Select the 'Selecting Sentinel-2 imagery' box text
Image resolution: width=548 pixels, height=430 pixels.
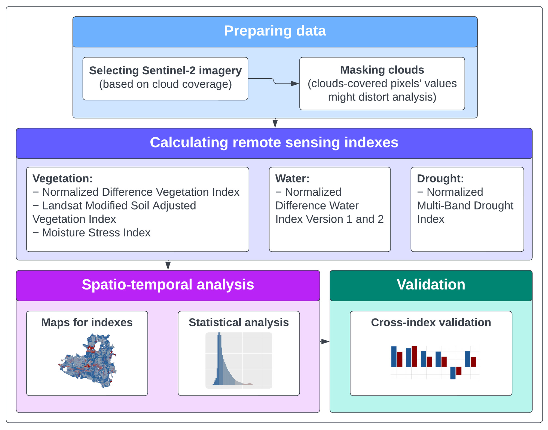[x=165, y=71]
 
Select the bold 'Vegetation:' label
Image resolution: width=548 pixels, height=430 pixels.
[x=62, y=178]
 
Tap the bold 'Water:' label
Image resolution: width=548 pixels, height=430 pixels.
[x=292, y=178]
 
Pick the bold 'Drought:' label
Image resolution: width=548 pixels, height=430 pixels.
[x=440, y=178]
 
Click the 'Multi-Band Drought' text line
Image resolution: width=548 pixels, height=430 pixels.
[x=465, y=206]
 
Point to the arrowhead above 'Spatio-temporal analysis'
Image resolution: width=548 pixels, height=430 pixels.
[x=168, y=265]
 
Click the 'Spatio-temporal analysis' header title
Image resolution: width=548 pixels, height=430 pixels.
[x=168, y=285]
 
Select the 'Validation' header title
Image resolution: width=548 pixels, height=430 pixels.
[x=431, y=285]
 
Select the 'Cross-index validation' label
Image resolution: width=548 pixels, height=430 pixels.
[x=431, y=322]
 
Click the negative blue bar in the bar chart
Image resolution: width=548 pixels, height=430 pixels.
[x=453, y=373]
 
